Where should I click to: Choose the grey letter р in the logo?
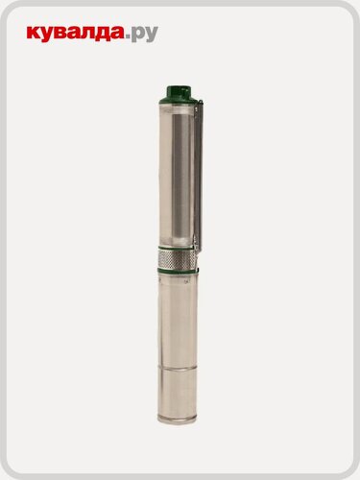coord(140,35)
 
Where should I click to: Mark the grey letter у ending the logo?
coord(152,35)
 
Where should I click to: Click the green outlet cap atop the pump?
coord(180,93)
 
